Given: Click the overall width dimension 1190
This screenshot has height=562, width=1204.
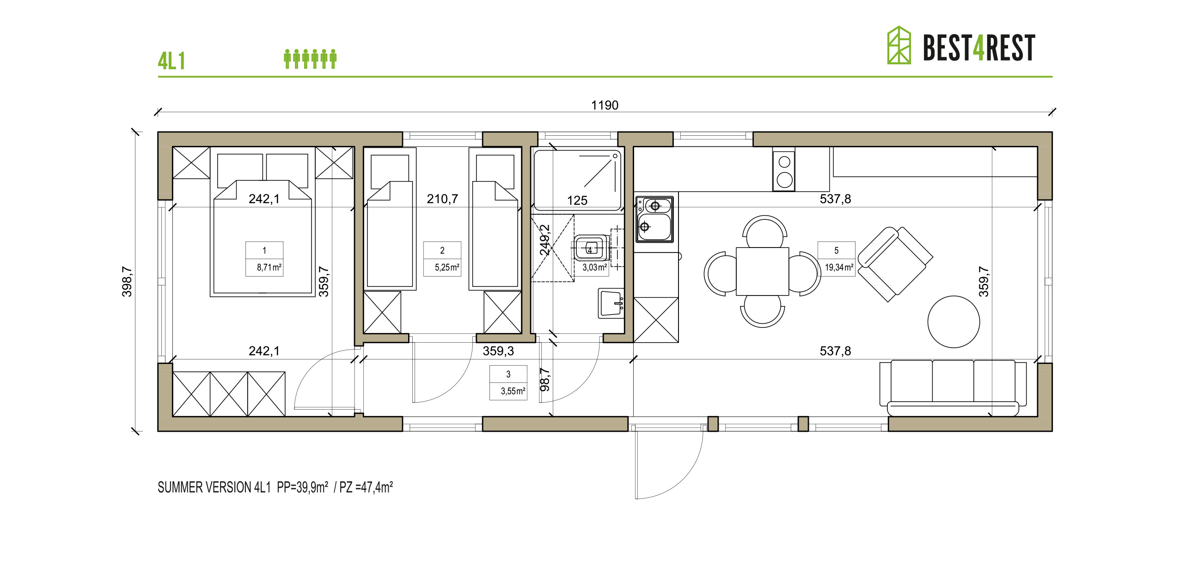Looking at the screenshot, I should point(605,105).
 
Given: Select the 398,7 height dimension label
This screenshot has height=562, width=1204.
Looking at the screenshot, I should point(127,281).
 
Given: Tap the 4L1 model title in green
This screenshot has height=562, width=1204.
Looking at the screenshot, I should point(171,61).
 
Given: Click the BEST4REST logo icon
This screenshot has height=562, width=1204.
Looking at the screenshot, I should point(899,45).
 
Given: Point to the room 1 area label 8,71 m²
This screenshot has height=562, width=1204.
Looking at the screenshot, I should point(269,268).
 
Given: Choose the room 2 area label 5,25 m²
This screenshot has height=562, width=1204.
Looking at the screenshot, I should point(447,268).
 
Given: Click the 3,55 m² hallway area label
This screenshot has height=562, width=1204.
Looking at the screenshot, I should point(513,391).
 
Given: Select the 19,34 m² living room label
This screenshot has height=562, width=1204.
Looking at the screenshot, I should point(839,268).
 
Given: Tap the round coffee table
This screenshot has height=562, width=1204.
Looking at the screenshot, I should point(953,322).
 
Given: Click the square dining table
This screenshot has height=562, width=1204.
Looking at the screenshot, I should point(762,272).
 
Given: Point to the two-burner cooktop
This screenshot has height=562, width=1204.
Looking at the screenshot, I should point(784,170).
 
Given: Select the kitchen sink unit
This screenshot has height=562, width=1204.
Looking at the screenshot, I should point(654,219).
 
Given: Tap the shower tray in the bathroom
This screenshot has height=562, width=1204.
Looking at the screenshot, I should point(578,179).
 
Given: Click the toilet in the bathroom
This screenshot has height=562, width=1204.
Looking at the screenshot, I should point(591,248).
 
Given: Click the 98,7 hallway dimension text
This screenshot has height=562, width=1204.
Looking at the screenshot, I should point(544,379).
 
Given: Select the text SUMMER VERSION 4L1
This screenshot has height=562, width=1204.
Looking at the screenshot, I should point(214,487).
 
